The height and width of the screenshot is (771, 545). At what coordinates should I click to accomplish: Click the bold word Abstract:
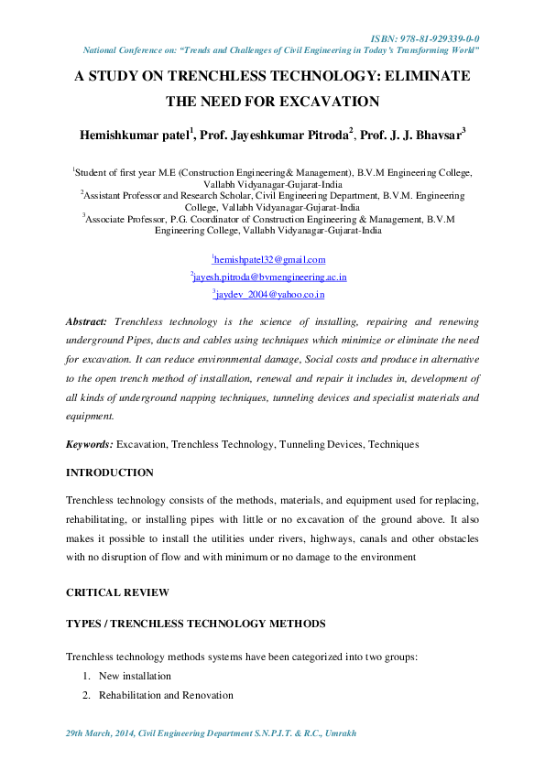(87, 322)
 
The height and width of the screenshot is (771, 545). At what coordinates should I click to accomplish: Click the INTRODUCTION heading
(110, 472)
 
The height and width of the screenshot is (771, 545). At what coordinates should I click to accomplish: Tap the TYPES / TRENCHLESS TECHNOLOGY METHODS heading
(195, 624)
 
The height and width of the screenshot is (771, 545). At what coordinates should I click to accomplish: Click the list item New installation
(135, 676)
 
